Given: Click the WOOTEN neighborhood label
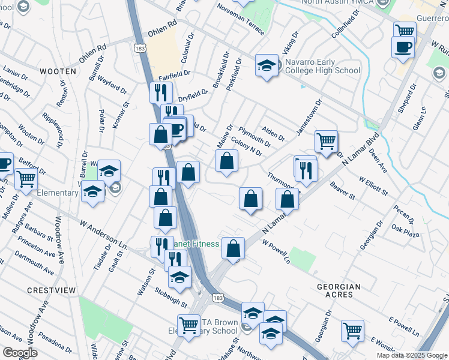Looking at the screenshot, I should pos(58,71).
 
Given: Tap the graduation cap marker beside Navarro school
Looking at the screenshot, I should pos(267,65).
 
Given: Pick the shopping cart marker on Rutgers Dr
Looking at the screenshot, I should pos(26,178).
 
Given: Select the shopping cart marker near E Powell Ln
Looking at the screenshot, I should pos(352,329).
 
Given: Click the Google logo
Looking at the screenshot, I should pos(20,353).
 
